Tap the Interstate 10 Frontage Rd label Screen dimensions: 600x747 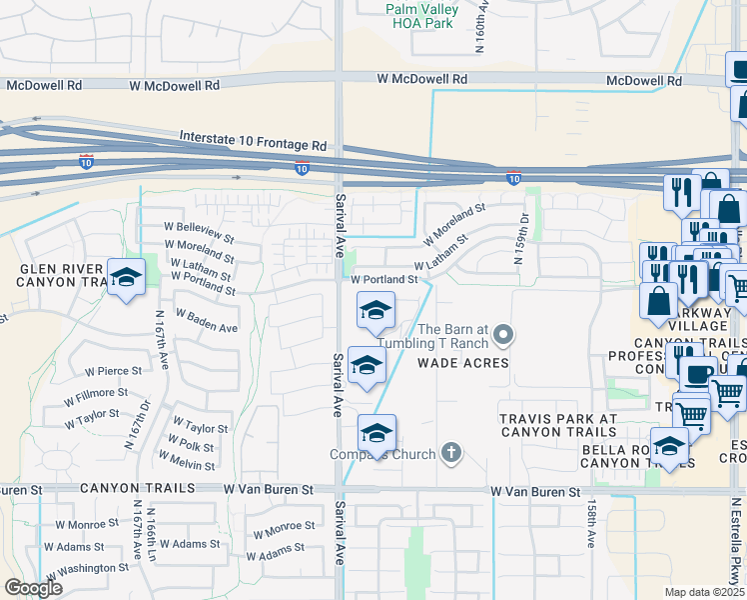click(x=254, y=139)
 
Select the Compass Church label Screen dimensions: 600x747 click(x=383, y=455)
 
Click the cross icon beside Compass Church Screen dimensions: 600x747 click(x=451, y=454)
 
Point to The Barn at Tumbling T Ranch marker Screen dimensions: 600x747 click(x=504, y=334)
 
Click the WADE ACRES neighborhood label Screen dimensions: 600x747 click(x=462, y=363)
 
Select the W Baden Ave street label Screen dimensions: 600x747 click(x=207, y=320)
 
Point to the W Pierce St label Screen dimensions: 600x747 click(x=120, y=371)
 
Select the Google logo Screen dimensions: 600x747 click(x=33, y=588)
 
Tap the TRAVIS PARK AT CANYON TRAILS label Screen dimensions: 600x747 click(x=558, y=425)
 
